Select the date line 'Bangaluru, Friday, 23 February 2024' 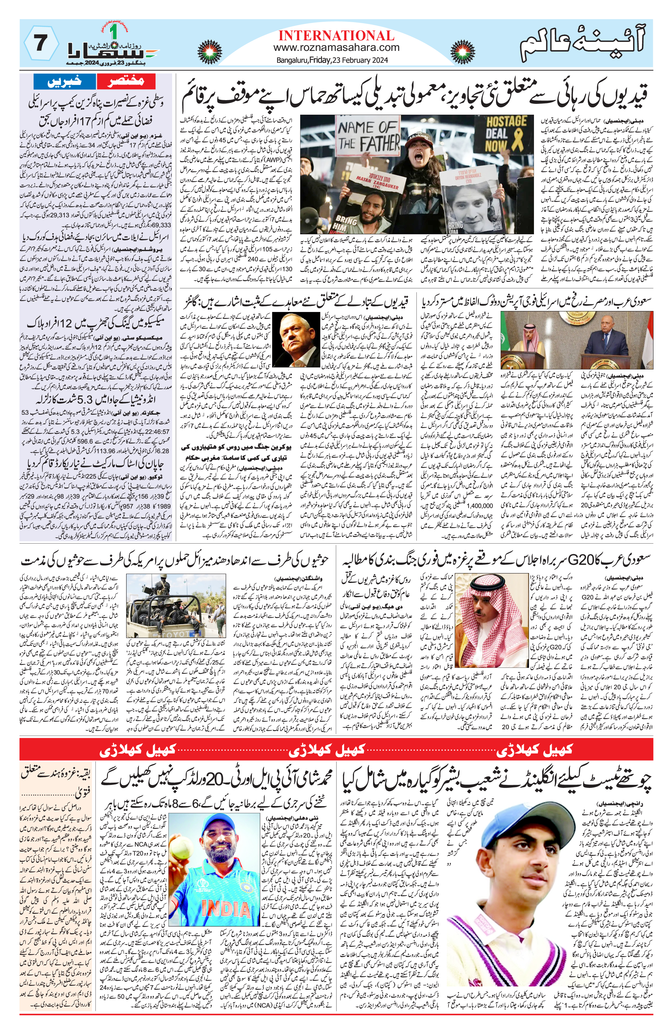pyautogui.click(x=332, y=60)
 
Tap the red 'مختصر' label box pyautogui.click(x=126, y=81)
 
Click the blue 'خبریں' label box pyautogui.click(x=70, y=81)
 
